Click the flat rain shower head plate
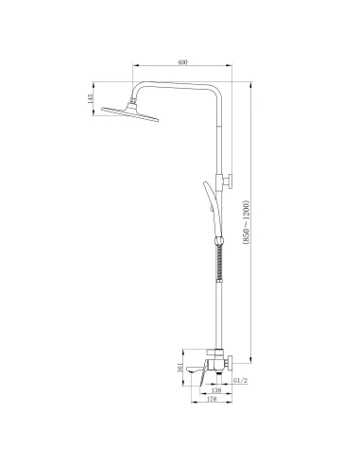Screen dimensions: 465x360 point(127,111)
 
